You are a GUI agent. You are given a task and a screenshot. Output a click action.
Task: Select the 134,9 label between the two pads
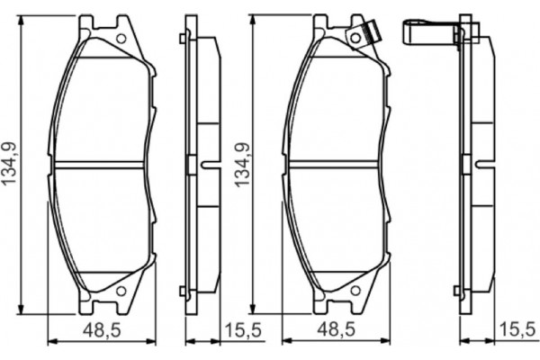click(x=239, y=165)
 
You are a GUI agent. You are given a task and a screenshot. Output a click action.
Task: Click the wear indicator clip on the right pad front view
click(x=367, y=33)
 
